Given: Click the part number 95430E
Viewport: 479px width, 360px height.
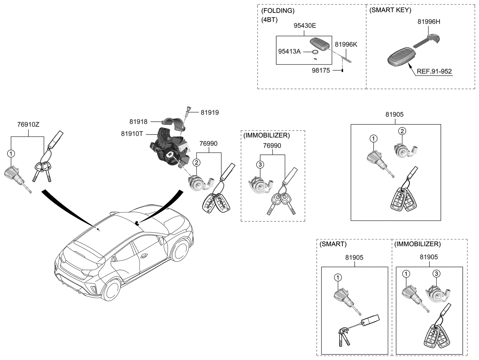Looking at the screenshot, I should coord(305,26).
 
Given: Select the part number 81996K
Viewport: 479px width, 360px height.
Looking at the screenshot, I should coord(346,44).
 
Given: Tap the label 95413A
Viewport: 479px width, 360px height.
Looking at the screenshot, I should coord(289,52).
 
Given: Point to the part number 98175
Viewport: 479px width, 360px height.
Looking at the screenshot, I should coord(321,71).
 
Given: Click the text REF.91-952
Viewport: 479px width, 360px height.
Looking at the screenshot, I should coord(434,71).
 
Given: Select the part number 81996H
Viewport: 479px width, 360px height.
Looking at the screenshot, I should coord(429,22).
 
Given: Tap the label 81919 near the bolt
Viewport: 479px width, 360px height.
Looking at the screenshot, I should coord(210,113).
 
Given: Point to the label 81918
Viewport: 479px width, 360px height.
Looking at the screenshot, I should coord(138,121).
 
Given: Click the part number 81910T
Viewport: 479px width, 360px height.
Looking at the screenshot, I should coord(132,134).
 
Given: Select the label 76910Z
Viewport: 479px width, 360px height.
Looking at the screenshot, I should coord(28,125).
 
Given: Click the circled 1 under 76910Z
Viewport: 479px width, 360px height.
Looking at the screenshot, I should coord(11,153).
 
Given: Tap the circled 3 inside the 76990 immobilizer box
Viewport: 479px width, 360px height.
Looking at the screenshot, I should coord(260,165).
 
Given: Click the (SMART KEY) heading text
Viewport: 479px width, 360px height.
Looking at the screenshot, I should coord(390,10).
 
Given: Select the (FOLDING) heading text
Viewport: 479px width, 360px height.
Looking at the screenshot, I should coord(278,11).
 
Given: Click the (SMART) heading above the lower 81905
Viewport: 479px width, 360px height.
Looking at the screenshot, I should coord(333,244).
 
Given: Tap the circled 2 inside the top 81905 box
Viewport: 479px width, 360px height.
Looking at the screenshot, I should coord(402,131).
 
